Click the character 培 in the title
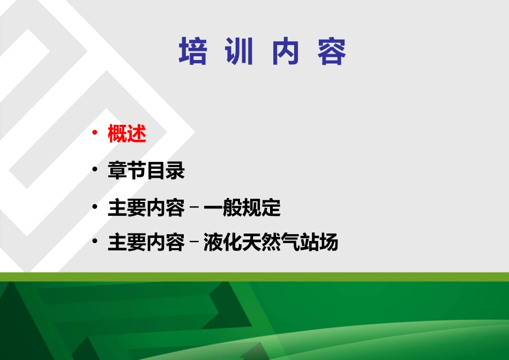(x=193, y=52)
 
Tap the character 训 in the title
(x=239, y=52)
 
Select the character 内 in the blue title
(x=285, y=52)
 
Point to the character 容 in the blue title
(x=332, y=52)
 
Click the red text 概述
(x=127, y=134)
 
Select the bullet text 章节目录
(x=146, y=171)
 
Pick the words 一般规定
(x=242, y=208)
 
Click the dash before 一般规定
(x=194, y=208)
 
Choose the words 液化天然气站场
(x=271, y=243)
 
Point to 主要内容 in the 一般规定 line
(x=146, y=208)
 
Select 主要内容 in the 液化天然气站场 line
(x=146, y=243)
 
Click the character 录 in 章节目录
(x=175, y=171)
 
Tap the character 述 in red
(x=137, y=134)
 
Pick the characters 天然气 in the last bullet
(x=271, y=243)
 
